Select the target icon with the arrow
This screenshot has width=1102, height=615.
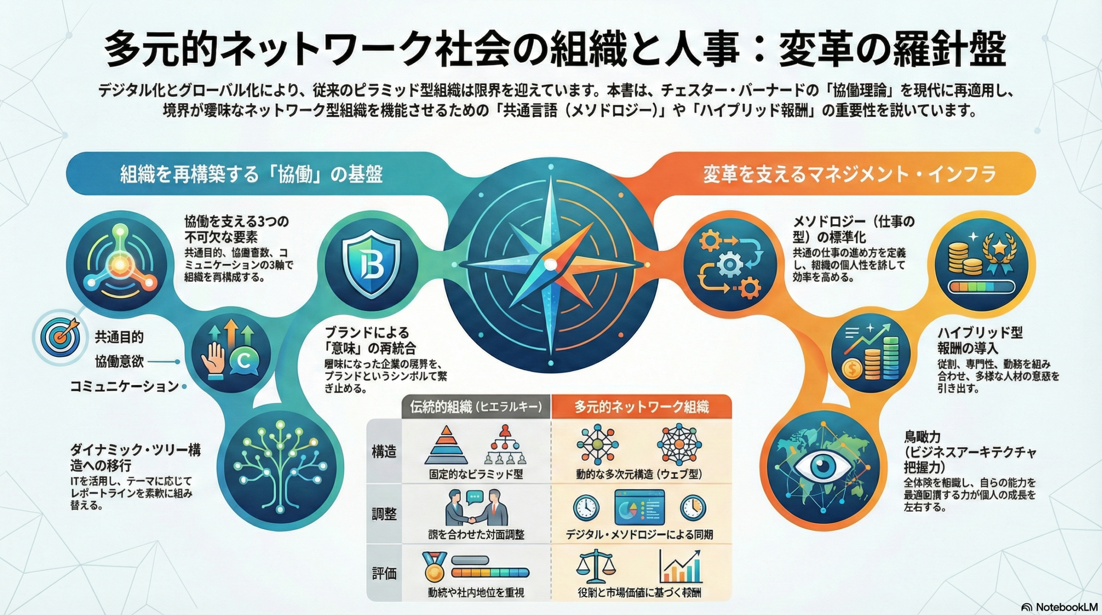[60, 337]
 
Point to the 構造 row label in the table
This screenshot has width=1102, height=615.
[384, 452]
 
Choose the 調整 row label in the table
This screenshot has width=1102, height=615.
[384, 514]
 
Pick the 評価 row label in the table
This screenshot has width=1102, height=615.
[384, 574]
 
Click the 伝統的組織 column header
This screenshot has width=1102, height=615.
[475, 407]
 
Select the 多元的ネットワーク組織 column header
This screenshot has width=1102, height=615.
[641, 407]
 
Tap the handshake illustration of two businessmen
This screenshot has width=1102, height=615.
[477, 507]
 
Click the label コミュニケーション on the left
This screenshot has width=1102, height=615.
[124, 386]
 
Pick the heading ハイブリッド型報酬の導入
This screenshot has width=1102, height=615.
[980, 340]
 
